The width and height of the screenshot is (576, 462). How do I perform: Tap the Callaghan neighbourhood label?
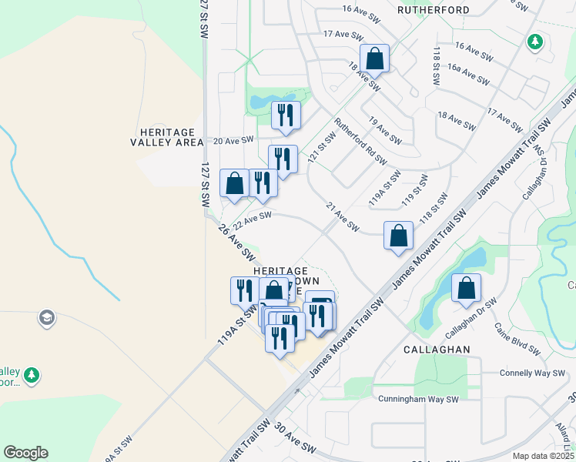(437, 349)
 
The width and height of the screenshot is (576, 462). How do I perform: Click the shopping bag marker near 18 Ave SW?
(374, 59)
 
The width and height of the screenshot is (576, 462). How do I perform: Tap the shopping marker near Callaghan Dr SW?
(466, 289)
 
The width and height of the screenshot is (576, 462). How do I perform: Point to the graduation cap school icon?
(46, 318)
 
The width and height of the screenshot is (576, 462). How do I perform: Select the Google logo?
(25, 453)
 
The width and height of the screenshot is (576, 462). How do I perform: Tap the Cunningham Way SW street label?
(418, 399)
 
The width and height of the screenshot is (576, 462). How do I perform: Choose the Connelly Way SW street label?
(511, 373)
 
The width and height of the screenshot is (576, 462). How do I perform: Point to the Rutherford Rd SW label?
(360, 140)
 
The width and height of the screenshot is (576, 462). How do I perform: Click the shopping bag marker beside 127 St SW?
(235, 183)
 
